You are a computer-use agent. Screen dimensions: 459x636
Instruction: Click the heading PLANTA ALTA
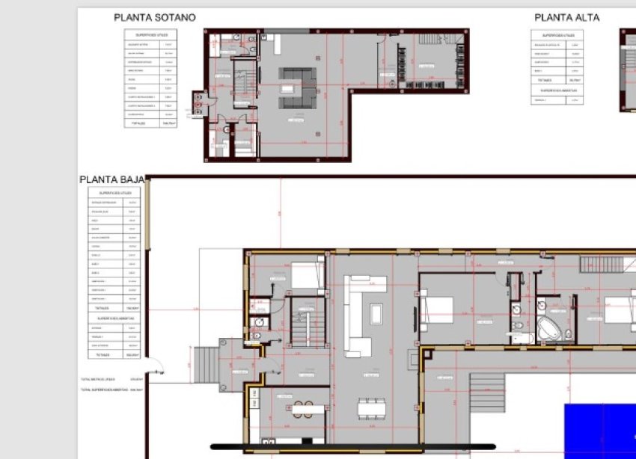tap(566, 17)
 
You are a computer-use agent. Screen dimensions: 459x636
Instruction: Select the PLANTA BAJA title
tap(111, 180)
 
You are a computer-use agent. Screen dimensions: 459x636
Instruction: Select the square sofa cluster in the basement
tap(296, 86)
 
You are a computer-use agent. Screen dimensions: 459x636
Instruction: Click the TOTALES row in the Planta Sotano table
tap(150, 123)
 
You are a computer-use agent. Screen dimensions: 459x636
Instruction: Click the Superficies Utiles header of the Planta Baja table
tap(114, 193)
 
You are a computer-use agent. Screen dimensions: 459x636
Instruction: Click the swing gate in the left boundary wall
tap(158, 367)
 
